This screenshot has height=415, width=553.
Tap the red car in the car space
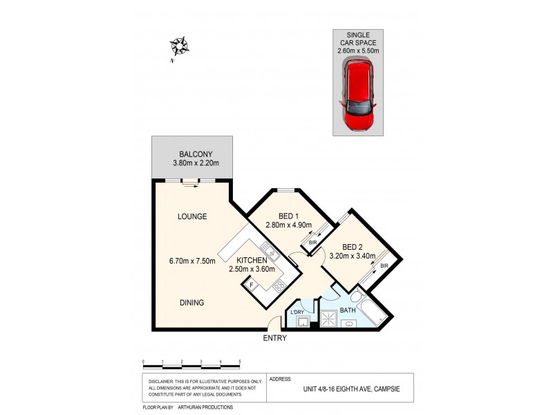point(357,97)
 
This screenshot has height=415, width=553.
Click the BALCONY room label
point(194,154)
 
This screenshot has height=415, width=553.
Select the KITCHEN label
point(252,260)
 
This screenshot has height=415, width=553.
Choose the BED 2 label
point(352,247)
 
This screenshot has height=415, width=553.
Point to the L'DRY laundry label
point(298,313)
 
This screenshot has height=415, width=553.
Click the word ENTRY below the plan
point(274,339)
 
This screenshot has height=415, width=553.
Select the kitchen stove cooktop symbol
point(279,286)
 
